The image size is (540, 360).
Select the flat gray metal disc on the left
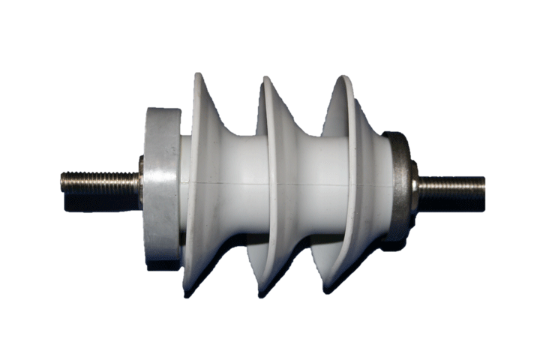(x=160, y=187)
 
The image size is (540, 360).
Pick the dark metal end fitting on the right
(x=401, y=187)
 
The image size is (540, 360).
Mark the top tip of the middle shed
(x=264, y=77)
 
